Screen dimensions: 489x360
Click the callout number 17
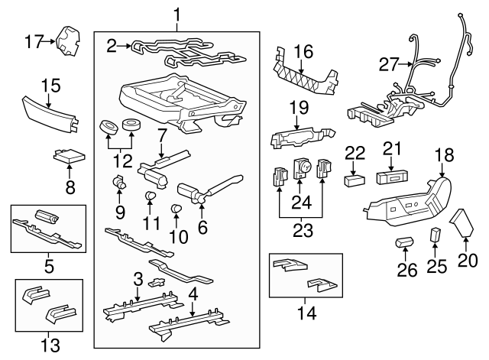34,42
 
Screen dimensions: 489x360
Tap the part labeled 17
68,42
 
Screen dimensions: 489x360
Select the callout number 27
389,65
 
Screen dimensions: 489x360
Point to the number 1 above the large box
176,15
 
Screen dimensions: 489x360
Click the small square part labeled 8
70,156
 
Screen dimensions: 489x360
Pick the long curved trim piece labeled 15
50,115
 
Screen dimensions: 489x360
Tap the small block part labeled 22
355,180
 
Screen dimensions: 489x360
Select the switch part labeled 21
390,178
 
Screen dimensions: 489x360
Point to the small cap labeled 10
177,208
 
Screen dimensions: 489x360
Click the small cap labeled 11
151,196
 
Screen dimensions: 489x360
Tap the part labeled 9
118,182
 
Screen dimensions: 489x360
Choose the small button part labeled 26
404,242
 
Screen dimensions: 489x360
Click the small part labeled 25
436,235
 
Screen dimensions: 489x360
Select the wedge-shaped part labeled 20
461,223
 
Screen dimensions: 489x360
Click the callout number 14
306,313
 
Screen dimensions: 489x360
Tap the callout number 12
122,161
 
